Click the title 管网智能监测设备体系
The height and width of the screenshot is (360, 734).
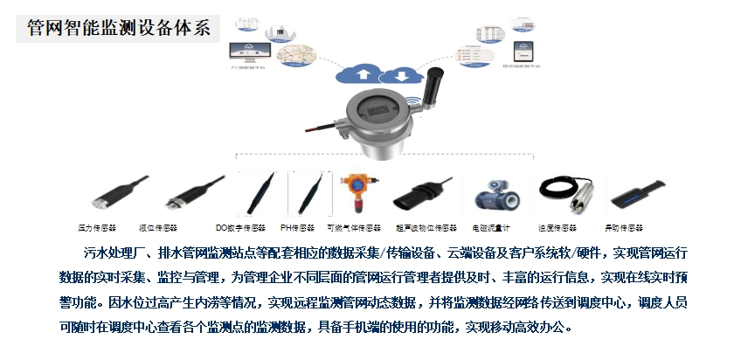pos(119,27)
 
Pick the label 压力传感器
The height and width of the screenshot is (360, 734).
pos(96,227)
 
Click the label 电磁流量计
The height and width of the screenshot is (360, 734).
pos(491,227)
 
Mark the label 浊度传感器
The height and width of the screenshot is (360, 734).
pos(559,227)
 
